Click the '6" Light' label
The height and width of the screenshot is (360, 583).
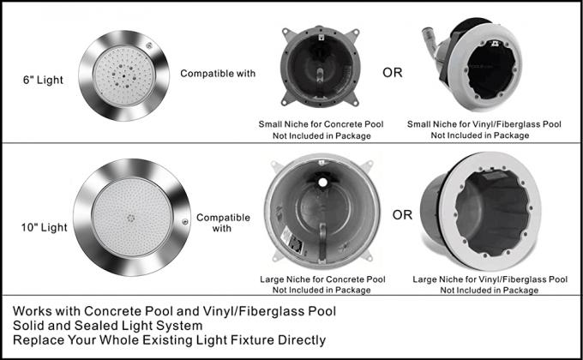coord(43,80)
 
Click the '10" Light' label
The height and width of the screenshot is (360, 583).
coord(45,227)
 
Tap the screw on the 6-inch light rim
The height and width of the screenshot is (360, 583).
coord(149,45)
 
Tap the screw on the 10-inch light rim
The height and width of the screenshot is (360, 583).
coord(185,222)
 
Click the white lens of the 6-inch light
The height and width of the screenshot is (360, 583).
coord(123,76)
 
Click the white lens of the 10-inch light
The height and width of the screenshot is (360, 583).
coord(132,218)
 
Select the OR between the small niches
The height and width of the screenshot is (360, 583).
coord(393,72)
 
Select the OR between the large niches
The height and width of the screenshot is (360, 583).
coord(402,214)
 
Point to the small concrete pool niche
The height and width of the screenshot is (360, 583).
coord(321,67)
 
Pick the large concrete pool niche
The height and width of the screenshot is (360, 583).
coord(322,211)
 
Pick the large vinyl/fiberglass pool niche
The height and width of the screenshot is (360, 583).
coord(482,211)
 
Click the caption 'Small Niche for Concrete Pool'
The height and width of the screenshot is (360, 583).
coord(321,124)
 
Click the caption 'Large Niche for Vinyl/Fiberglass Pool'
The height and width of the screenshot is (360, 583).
coord(490,279)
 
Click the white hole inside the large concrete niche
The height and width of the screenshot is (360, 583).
coord(322,183)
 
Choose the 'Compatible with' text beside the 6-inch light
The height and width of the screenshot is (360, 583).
coord(218,74)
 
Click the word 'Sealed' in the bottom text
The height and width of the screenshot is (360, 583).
coord(94,326)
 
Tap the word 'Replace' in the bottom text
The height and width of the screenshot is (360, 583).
coord(33,340)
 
